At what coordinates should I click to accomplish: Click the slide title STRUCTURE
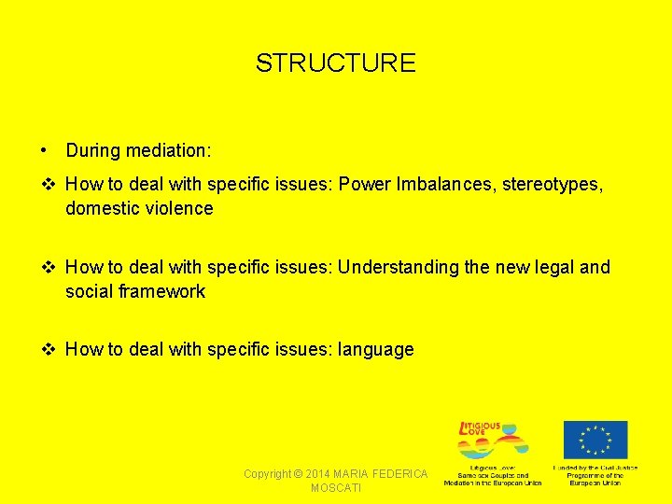click(335, 63)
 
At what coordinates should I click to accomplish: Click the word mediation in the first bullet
click(166, 150)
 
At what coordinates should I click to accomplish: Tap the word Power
click(363, 185)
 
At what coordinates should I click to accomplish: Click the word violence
click(178, 208)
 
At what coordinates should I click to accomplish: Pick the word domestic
click(103, 208)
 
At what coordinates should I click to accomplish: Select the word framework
click(161, 291)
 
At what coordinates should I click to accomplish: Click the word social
click(89, 291)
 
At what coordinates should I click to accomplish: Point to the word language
click(376, 350)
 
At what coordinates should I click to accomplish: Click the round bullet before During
click(44, 150)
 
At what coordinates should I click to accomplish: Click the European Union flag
click(595, 441)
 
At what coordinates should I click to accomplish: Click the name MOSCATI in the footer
click(336, 488)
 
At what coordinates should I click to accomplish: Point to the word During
click(92, 150)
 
